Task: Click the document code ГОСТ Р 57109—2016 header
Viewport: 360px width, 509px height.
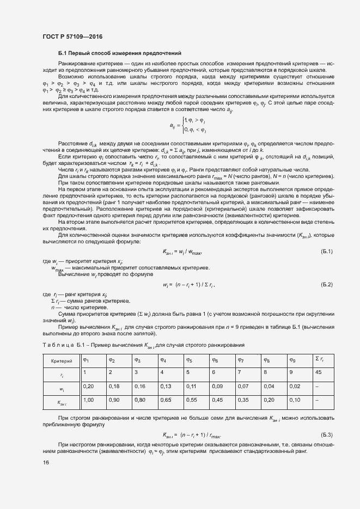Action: tap(72, 36)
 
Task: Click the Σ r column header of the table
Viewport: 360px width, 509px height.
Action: tap(320, 359)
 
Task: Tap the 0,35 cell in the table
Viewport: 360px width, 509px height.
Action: tap(242, 400)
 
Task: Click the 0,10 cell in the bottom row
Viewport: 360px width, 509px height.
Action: tap(295, 400)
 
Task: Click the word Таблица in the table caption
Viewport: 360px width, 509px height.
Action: tap(57, 346)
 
